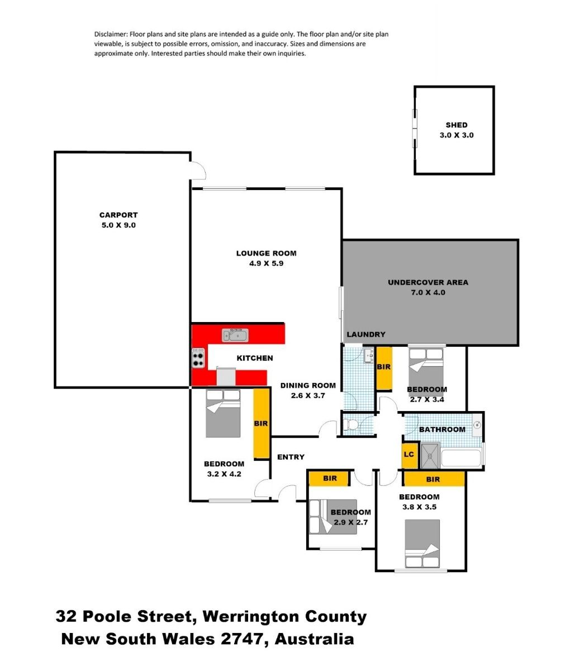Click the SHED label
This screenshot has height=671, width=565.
tap(456, 125)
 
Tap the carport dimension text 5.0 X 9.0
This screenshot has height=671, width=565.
tap(118, 225)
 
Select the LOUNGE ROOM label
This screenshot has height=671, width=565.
tap(266, 253)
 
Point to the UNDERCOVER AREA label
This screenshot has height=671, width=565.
tap(428, 282)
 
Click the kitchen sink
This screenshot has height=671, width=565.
tap(235, 335)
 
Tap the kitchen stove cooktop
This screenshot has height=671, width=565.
tap(198, 358)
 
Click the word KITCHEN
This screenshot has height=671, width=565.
tap(255, 358)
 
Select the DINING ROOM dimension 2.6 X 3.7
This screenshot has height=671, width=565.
tap(308, 395)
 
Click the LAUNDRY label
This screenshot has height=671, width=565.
tap(366, 334)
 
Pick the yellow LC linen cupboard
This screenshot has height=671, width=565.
tap(410, 455)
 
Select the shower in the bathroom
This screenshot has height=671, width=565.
tap(430, 456)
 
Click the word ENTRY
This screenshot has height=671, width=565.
tap(291, 457)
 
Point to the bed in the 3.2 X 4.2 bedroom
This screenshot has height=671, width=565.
tap(223, 413)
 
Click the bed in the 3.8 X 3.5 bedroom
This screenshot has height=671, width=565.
tap(422, 544)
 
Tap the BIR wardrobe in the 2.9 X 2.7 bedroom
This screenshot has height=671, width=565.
tap(329, 479)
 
